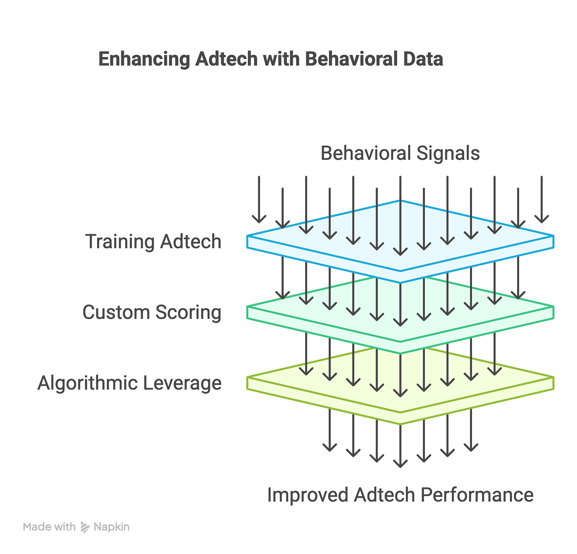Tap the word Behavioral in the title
pyautogui.click(x=346, y=59)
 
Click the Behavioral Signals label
pyautogui.click(x=400, y=153)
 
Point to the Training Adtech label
pyautogui.click(x=153, y=242)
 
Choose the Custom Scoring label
pyautogui.click(x=152, y=312)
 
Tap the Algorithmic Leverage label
pyautogui.click(x=130, y=383)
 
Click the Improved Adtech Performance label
pyautogui.click(x=400, y=495)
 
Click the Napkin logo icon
pyautogui.click(x=85, y=527)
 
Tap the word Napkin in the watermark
pyautogui.click(x=111, y=527)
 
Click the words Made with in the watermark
pyautogui.click(x=49, y=527)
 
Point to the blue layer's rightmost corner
pyautogui.click(x=553, y=236)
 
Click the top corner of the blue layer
pyautogui.click(x=400, y=201)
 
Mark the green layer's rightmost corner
pyautogui.click(x=553, y=307)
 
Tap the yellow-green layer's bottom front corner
pyautogui.click(x=400, y=424)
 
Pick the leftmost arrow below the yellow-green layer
pyautogui.click(x=329, y=430)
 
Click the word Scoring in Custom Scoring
pyautogui.click(x=188, y=312)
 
